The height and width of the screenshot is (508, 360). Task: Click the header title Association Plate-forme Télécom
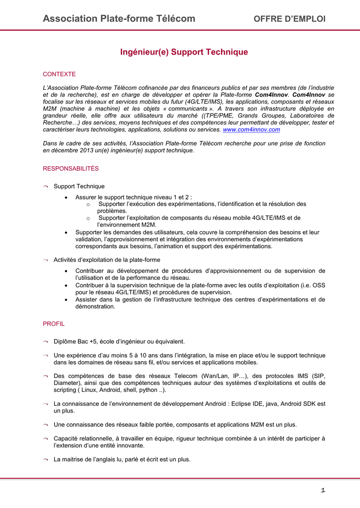coord(119,19)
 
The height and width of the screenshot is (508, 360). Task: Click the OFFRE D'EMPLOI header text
coord(289,19)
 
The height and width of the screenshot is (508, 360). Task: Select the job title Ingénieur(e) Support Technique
coord(184,52)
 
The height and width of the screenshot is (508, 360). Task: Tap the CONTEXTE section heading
coord(59,74)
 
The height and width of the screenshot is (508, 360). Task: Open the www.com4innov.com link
coord(251,129)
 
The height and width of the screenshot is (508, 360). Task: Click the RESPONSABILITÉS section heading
coord(71,169)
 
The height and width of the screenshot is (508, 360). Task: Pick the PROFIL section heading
coord(54,323)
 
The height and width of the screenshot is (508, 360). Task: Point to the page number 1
coord(323,491)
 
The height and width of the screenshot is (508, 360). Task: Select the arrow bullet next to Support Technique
coord(46,187)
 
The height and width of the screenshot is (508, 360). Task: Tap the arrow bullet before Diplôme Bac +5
coord(46,342)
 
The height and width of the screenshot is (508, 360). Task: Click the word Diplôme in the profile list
coord(65,341)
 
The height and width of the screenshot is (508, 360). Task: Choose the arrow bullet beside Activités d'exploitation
coord(46,260)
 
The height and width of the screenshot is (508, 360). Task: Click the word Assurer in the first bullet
coord(86,197)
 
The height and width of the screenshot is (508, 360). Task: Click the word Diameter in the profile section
coord(67,383)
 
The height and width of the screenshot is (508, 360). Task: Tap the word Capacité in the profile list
coord(66,439)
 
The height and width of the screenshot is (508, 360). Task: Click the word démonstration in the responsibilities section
coord(95,307)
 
